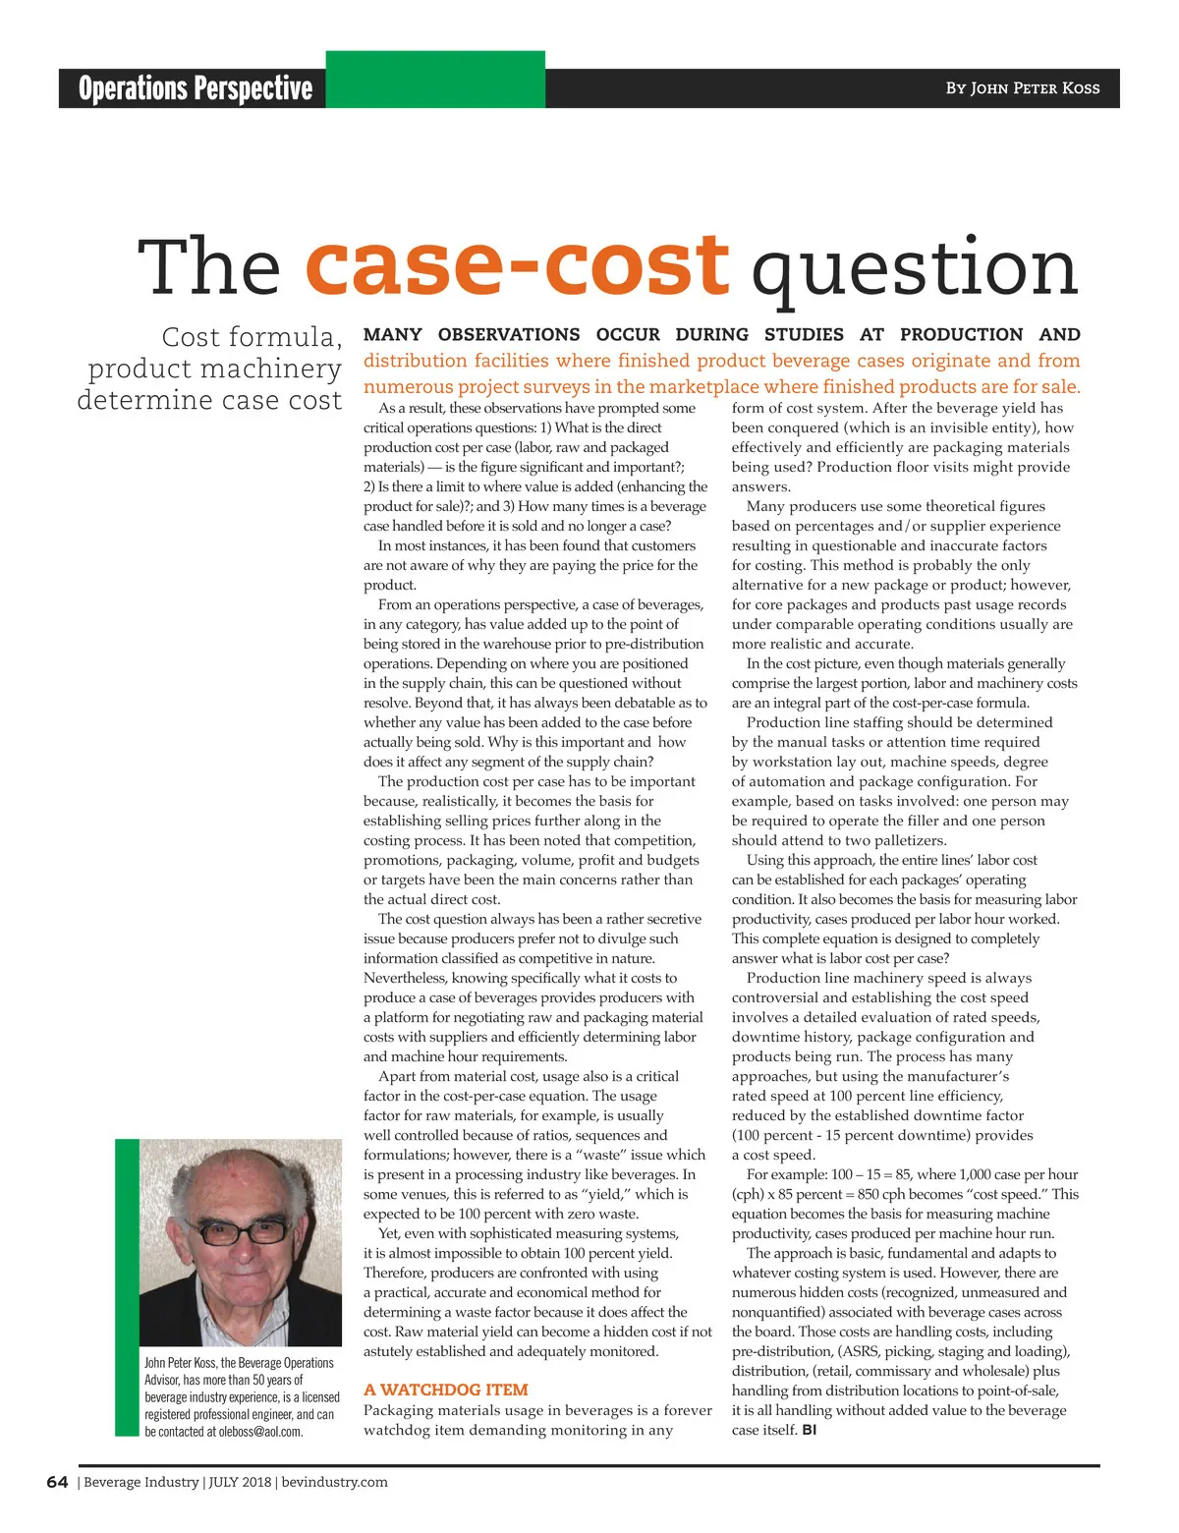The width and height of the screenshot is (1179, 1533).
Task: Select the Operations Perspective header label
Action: (196, 88)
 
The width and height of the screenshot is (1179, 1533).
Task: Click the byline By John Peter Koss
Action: (1022, 88)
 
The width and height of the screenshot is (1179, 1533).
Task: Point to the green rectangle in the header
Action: (435, 79)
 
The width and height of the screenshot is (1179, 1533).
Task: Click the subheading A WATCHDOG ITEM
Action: (445, 1390)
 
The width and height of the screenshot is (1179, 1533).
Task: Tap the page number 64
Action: (57, 1482)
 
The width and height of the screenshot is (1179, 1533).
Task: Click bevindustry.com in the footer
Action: (334, 1482)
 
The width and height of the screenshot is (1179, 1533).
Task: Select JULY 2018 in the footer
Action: (240, 1482)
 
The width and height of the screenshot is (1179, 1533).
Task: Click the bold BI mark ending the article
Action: (809, 1430)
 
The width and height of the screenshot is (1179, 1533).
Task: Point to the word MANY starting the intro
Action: (393, 335)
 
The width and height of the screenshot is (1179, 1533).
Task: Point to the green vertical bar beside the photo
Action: (127, 1287)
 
